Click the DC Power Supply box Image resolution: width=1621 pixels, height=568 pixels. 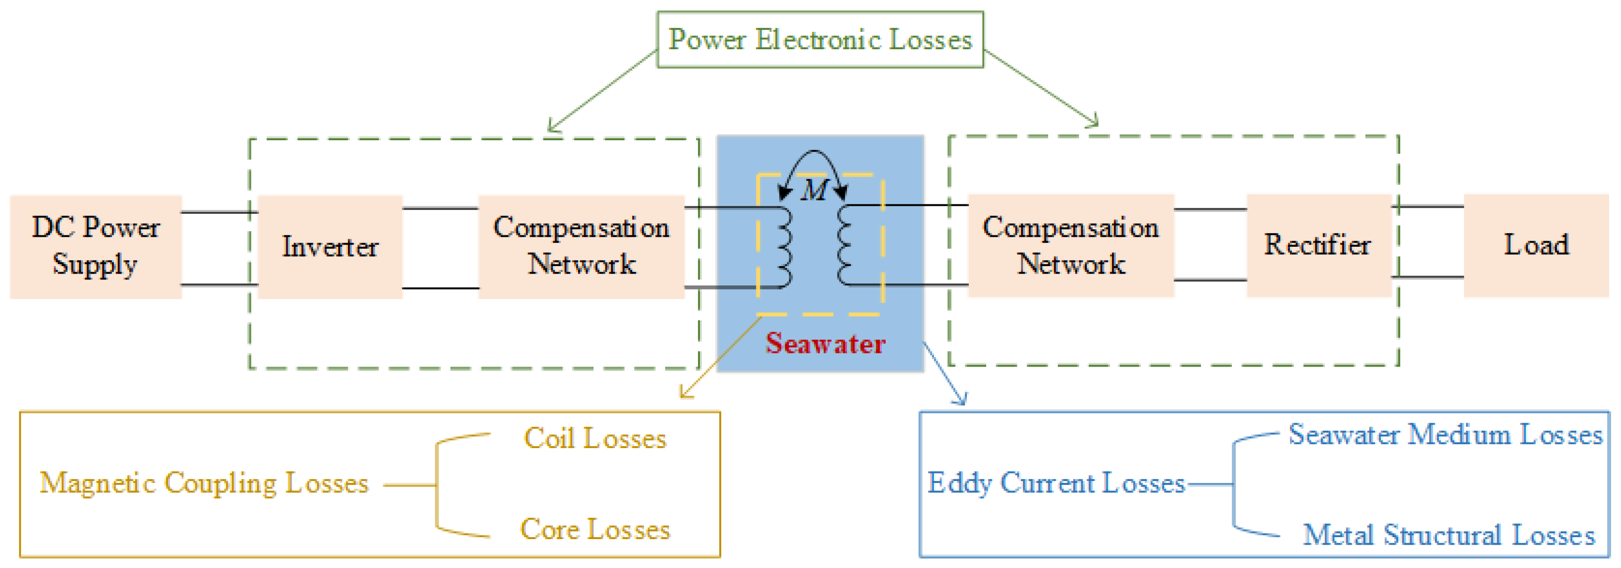click(x=95, y=246)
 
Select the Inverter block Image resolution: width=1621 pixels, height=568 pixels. click(x=330, y=246)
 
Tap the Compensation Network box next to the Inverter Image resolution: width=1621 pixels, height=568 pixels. click(x=581, y=246)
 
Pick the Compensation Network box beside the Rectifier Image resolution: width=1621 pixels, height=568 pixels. click(x=1070, y=245)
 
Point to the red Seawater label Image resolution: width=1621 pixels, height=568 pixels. click(x=825, y=344)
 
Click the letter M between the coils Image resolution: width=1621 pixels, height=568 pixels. click(x=815, y=189)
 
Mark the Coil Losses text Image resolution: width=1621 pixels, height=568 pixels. click(x=595, y=438)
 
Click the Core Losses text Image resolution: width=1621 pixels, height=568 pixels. click(x=595, y=530)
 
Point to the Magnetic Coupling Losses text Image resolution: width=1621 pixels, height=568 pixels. click(x=204, y=483)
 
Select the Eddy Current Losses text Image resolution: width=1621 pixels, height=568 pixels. click(x=1056, y=483)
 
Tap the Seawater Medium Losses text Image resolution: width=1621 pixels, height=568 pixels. click(x=1445, y=435)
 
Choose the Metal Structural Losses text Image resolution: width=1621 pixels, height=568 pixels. click(x=1449, y=535)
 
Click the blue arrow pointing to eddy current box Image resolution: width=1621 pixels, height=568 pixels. click(x=945, y=375)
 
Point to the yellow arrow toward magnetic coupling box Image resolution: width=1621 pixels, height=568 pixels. click(x=720, y=359)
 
